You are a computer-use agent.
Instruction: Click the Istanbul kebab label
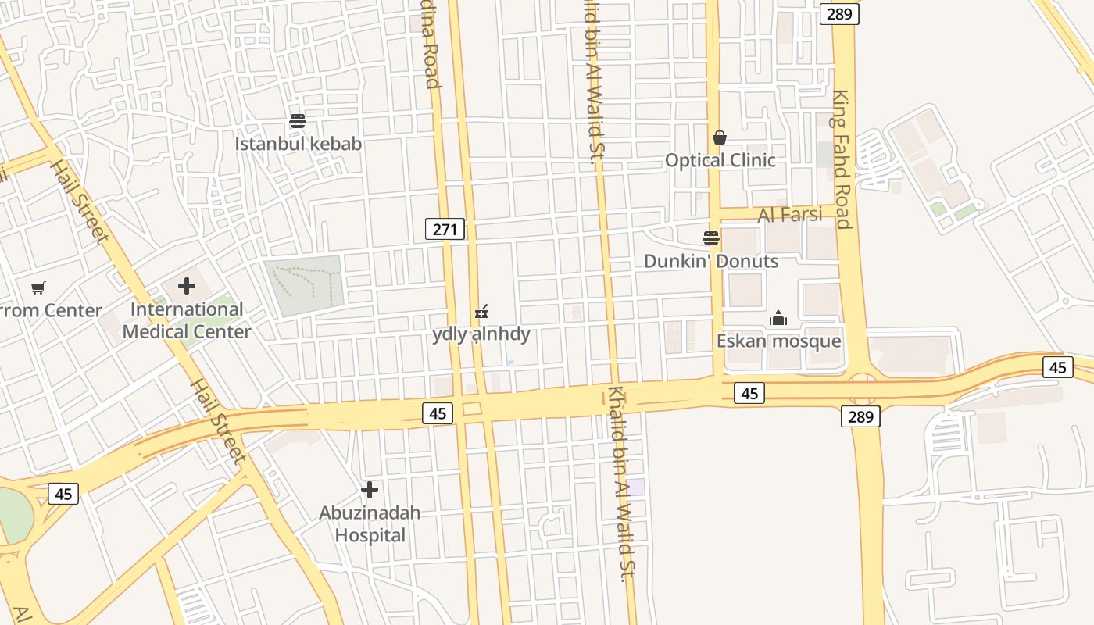click(298, 144)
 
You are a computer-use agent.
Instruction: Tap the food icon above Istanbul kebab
click(297, 121)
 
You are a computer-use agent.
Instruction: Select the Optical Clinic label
click(720, 160)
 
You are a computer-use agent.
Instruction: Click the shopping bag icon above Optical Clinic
click(720, 137)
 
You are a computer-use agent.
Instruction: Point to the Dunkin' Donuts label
click(711, 261)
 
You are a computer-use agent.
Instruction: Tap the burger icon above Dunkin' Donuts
click(711, 237)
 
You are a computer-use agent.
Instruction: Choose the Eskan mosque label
click(778, 341)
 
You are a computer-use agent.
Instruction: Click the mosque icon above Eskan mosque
click(778, 318)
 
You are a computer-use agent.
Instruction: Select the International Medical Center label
click(187, 320)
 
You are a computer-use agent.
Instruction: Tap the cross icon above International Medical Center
click(187, 286)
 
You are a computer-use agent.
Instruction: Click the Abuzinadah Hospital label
click(370, 523)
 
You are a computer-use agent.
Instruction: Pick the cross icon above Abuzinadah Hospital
click(370, 490)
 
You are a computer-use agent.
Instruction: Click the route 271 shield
click(445, 229)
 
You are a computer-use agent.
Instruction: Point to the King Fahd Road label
click(842, 160)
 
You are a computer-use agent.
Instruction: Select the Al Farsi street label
click(790, 215)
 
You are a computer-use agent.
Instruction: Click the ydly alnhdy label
click(481, 334)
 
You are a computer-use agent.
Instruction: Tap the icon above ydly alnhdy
click(481, 312)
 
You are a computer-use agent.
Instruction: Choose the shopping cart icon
click(38, 287)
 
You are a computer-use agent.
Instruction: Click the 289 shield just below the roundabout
click(860, 416)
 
